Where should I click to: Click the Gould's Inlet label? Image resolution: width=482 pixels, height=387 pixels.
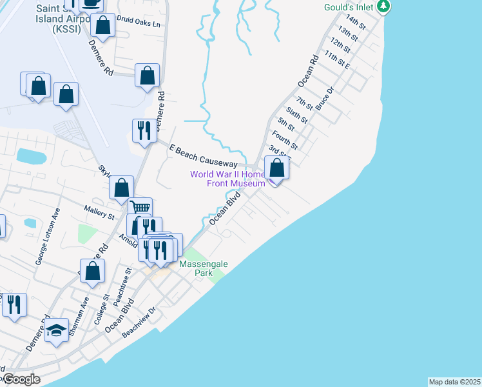click(x=347, y=7)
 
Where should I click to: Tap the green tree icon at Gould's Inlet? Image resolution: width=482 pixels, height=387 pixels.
click(x=384, y=6)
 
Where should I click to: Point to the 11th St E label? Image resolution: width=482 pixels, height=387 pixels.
click(x=337, y=63)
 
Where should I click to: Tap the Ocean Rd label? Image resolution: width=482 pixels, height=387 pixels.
click(x=308, y=72)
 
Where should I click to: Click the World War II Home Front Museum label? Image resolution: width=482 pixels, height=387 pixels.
click(x=227, y=179)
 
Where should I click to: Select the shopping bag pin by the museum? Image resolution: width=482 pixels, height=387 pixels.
click(x=276, y=168)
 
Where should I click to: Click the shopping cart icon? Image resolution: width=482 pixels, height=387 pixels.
click(x=140, y=208)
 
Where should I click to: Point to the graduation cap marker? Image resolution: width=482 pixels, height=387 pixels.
click(x=57, y=332)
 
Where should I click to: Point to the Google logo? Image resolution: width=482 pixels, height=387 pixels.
click(x=21, y=379)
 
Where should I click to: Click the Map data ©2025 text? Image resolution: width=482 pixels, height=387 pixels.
click(x=454, y=381)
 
